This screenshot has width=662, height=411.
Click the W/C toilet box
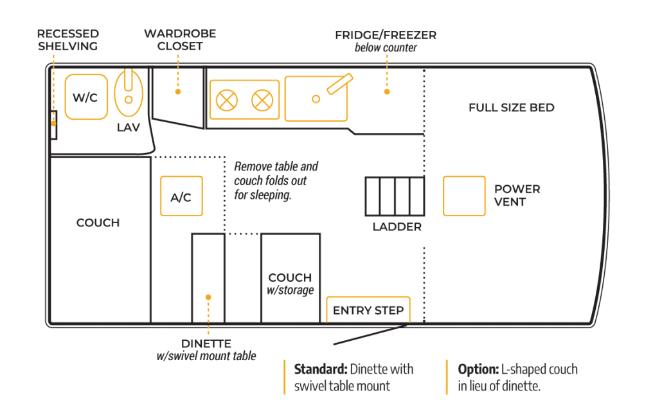click(85, 97)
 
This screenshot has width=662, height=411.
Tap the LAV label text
click(129, 127)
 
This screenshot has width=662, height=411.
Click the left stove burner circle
click(226, 100)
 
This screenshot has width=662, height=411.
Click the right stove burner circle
click(262, 100)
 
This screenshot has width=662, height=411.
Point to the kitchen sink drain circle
click(316, 98)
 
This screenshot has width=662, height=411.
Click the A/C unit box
click(181, 197)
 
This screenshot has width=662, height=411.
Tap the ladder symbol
click(395, 197)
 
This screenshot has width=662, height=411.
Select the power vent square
click(464, 196)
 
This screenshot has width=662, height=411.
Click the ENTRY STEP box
click(368, 310)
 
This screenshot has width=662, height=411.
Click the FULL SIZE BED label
click(511, 107)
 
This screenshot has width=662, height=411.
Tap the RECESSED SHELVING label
click(67, 40)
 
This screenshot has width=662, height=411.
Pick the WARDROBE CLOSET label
click(179, 40)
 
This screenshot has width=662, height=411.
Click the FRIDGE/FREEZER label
click(386, 35)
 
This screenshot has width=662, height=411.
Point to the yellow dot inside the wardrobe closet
click(179, 92)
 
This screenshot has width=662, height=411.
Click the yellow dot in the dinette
click(208, 297)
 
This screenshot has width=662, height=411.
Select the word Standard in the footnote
click(320, 370)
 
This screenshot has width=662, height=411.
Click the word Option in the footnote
click(476, 370)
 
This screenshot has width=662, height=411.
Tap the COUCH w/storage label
click(291, 283)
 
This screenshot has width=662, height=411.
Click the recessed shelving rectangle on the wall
click(54, 125)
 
